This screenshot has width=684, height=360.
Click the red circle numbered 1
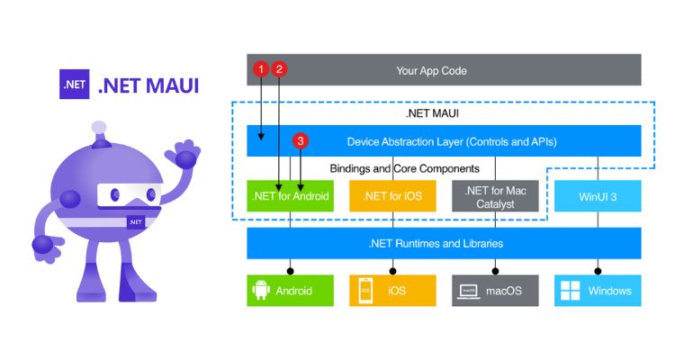[261, 68]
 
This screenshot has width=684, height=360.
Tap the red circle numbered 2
[279, 68]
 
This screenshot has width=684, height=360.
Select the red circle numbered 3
[301, 141]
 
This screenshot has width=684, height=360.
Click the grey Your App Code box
[444, 70]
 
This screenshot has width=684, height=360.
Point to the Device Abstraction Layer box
[444, 141]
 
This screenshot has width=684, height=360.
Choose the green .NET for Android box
[291, 195]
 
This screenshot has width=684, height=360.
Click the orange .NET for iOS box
[392, 195]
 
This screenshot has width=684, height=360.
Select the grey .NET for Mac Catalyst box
[495, 195]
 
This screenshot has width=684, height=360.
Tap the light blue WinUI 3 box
[598, 195]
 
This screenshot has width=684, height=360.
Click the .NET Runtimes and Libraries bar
[444, 243]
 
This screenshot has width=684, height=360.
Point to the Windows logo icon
[571, 291]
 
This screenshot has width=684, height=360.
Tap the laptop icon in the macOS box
[469, 291]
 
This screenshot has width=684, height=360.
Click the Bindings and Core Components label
[404, 168]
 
